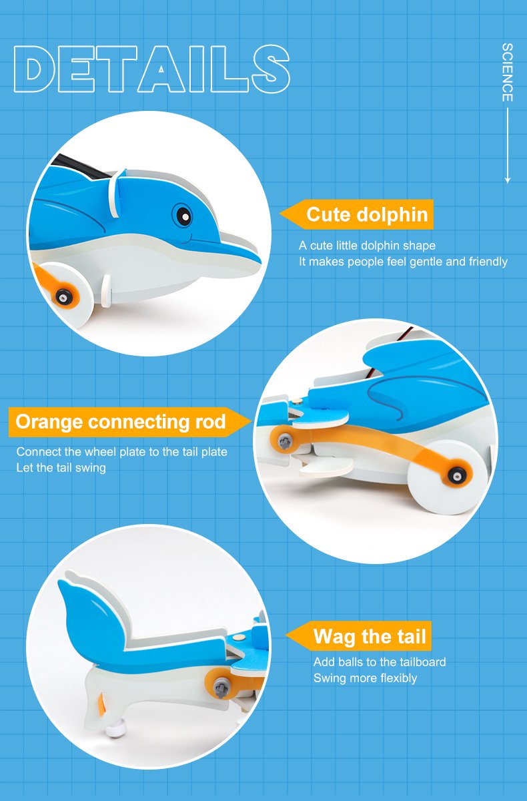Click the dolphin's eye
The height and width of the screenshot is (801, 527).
pyautogui.click(x=182, y=215)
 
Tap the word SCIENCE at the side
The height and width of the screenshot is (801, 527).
pyautogui.click(x=508, y=72)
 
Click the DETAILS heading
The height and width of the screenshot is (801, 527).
pyautogui.click(x=152, y=69)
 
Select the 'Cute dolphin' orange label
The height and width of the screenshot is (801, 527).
pyautogui.click(x=357, y=214)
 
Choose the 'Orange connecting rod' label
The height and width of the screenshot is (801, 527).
pyautogui.click(x=130, y=422)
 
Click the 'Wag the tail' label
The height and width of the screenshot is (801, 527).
pyautogui.click(x=359, y=636)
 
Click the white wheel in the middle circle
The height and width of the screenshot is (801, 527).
pyautogui.click(x=447, y=477)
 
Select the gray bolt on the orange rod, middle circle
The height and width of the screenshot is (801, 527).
pyautogui.click(x=285, y=441)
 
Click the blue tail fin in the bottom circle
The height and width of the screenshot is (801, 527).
pyautogui.click(x=92, y=615)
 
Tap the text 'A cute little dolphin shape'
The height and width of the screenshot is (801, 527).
pyautogui.click(x=368, y=246)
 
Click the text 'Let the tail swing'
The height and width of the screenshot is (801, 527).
pyautogui.click(x=61, y=468)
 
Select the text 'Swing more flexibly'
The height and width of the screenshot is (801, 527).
pyautogui.click(x=365, y=678)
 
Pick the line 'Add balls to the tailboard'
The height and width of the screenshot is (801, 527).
pyautogui.click(x=380, y=662)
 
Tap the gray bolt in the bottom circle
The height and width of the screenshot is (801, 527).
pyautogui.click(x=221, y=688)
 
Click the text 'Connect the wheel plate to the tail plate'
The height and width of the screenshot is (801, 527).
pyautogui.click(x=122, y=452)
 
